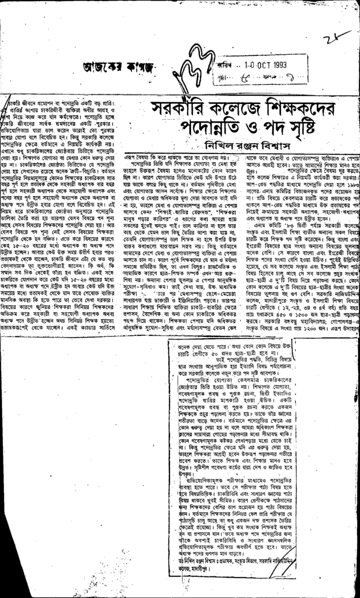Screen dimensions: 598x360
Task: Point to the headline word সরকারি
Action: (180, 109)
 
